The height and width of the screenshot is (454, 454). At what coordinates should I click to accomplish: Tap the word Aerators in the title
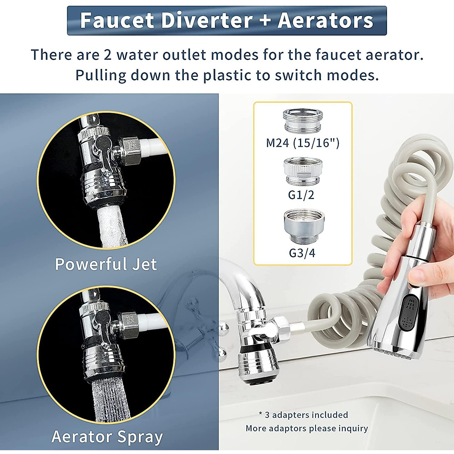(x=325, y=20)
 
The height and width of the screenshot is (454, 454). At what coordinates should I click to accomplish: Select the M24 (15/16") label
(x=303, y=143)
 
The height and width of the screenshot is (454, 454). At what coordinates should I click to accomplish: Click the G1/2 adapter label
(x=301, y=195)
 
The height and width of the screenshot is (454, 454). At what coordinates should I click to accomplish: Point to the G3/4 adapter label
(x=302, y=253)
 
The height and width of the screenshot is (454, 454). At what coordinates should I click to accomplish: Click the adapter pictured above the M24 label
(x=303, y=121)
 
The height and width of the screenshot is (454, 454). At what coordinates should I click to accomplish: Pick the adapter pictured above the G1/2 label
(x=303, y=171)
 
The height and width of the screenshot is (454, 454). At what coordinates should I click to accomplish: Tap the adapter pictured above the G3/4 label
(x=304, y=226)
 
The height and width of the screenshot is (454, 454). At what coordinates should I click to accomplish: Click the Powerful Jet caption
(x=106, y=264)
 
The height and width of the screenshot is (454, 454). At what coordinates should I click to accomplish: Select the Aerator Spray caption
(x=107, y=437)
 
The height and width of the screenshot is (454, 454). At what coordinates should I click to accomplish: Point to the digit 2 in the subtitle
(x=107, y=55)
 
